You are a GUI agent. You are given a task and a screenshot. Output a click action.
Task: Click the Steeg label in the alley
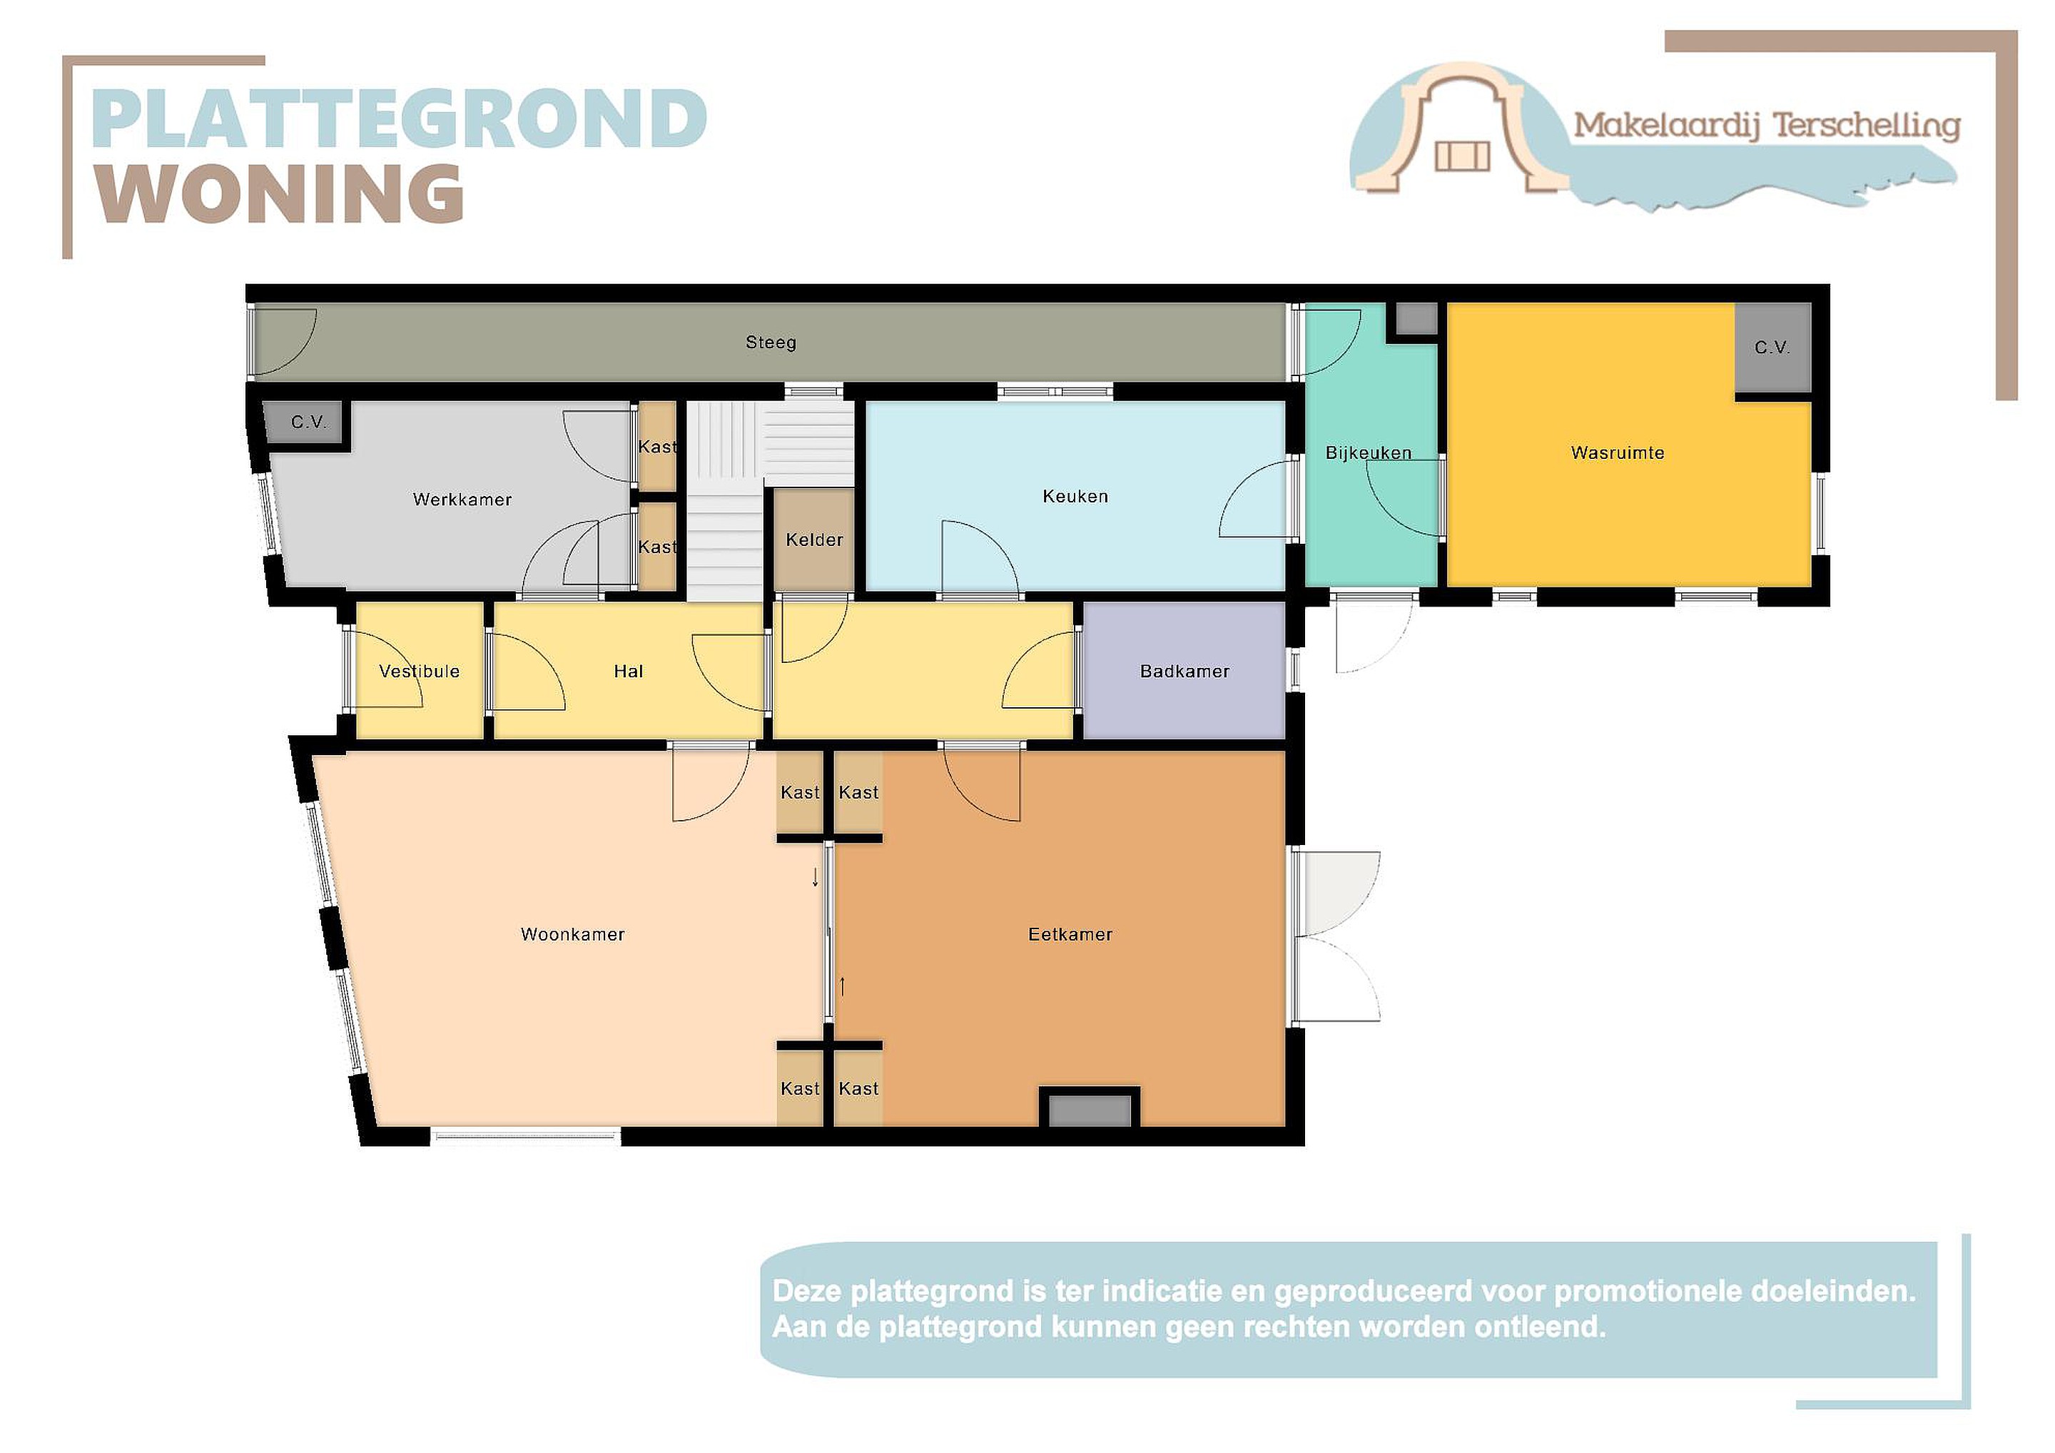point(771,342)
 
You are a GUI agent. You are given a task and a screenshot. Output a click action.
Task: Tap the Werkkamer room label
point(462,500)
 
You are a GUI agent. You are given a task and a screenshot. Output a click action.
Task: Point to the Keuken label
point(1075,496)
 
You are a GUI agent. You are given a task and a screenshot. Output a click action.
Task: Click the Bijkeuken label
point(1368,453)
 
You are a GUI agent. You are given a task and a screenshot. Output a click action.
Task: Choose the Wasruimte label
point(1618,453)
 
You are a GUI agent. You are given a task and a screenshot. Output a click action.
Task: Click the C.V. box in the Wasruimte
point(1772,348)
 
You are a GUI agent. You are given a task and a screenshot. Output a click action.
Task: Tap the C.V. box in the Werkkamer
point(308,422)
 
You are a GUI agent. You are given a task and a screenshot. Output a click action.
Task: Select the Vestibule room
point(420,671)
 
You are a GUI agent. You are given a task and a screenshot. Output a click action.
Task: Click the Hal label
point(629,672)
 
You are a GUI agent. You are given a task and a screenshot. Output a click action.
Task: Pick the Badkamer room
point(1184,671)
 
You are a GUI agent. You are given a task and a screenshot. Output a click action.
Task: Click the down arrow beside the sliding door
point(814,877)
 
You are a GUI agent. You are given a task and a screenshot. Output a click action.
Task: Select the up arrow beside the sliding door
point(842,986)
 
